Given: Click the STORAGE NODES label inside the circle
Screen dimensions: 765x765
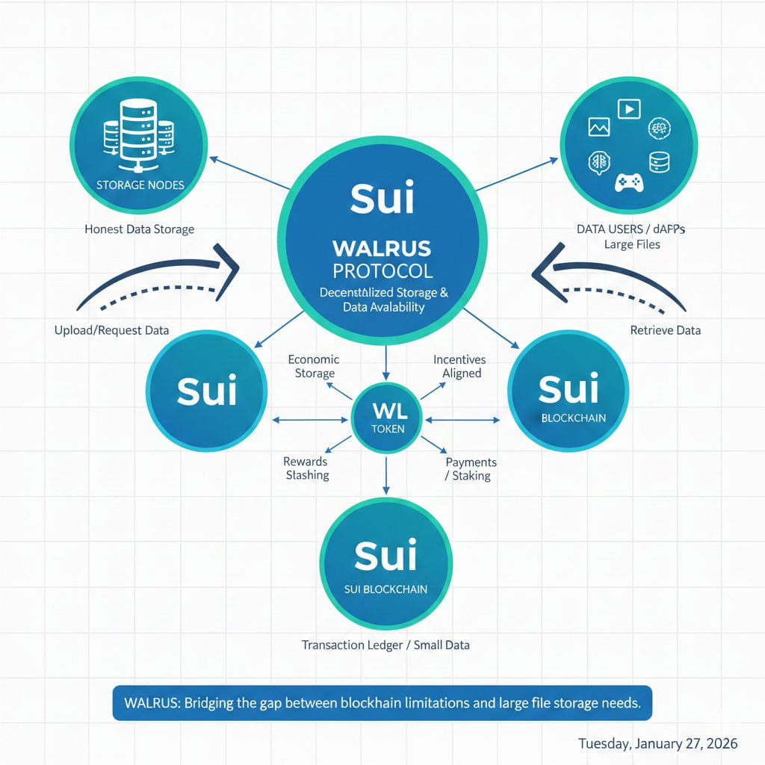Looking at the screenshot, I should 140,184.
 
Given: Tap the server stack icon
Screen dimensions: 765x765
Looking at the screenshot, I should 137,135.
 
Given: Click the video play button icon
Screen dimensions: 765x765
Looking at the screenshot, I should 629,109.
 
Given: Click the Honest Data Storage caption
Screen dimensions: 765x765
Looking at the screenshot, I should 140,229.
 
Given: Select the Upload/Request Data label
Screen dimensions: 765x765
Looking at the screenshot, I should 111,329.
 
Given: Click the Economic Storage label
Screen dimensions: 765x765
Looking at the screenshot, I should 314,366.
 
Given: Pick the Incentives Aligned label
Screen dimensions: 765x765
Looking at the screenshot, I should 459,366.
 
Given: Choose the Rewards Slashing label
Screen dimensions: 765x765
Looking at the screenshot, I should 306,468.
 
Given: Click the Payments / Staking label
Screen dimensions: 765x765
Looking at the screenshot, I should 471,468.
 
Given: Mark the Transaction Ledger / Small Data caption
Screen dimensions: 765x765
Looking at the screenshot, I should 385,644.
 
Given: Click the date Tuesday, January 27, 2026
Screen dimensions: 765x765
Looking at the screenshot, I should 658,743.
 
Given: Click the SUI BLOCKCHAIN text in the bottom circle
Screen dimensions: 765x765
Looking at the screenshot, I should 385,589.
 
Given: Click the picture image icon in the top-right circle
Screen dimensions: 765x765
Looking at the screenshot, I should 599,128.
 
